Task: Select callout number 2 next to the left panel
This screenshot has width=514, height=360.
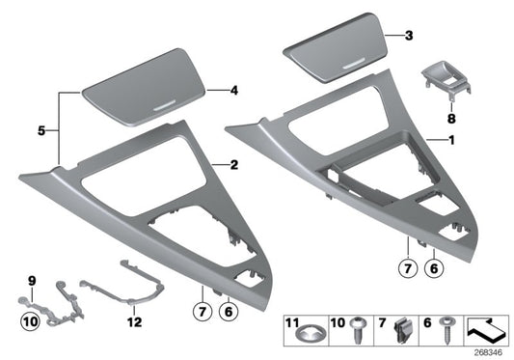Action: [232, 166]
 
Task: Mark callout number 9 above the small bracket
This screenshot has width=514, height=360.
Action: [31, 281]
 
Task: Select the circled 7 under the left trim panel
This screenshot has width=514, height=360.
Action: [201, 310]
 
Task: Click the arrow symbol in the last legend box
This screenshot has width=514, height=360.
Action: [487, 331]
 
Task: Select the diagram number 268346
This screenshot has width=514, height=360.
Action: [492, 353]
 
